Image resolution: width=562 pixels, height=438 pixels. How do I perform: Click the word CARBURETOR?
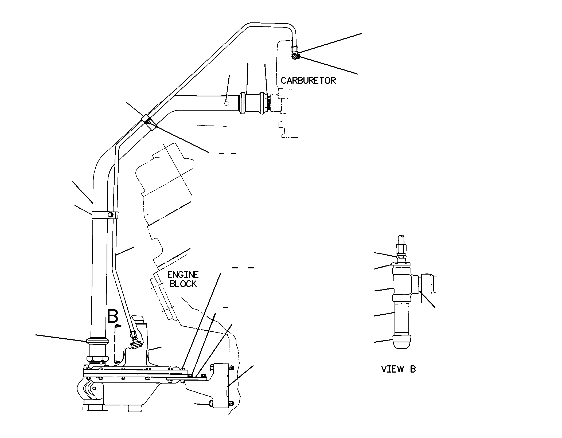point(308,80)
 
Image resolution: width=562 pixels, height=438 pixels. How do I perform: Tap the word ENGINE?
point(183,275)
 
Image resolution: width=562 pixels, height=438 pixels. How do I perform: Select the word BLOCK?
point(183,284)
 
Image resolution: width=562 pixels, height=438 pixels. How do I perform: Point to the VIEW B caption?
point(398,369)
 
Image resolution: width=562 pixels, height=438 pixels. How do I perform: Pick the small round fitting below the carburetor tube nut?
point(295,56)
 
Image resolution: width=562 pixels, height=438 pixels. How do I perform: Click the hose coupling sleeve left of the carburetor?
point(253,103)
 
